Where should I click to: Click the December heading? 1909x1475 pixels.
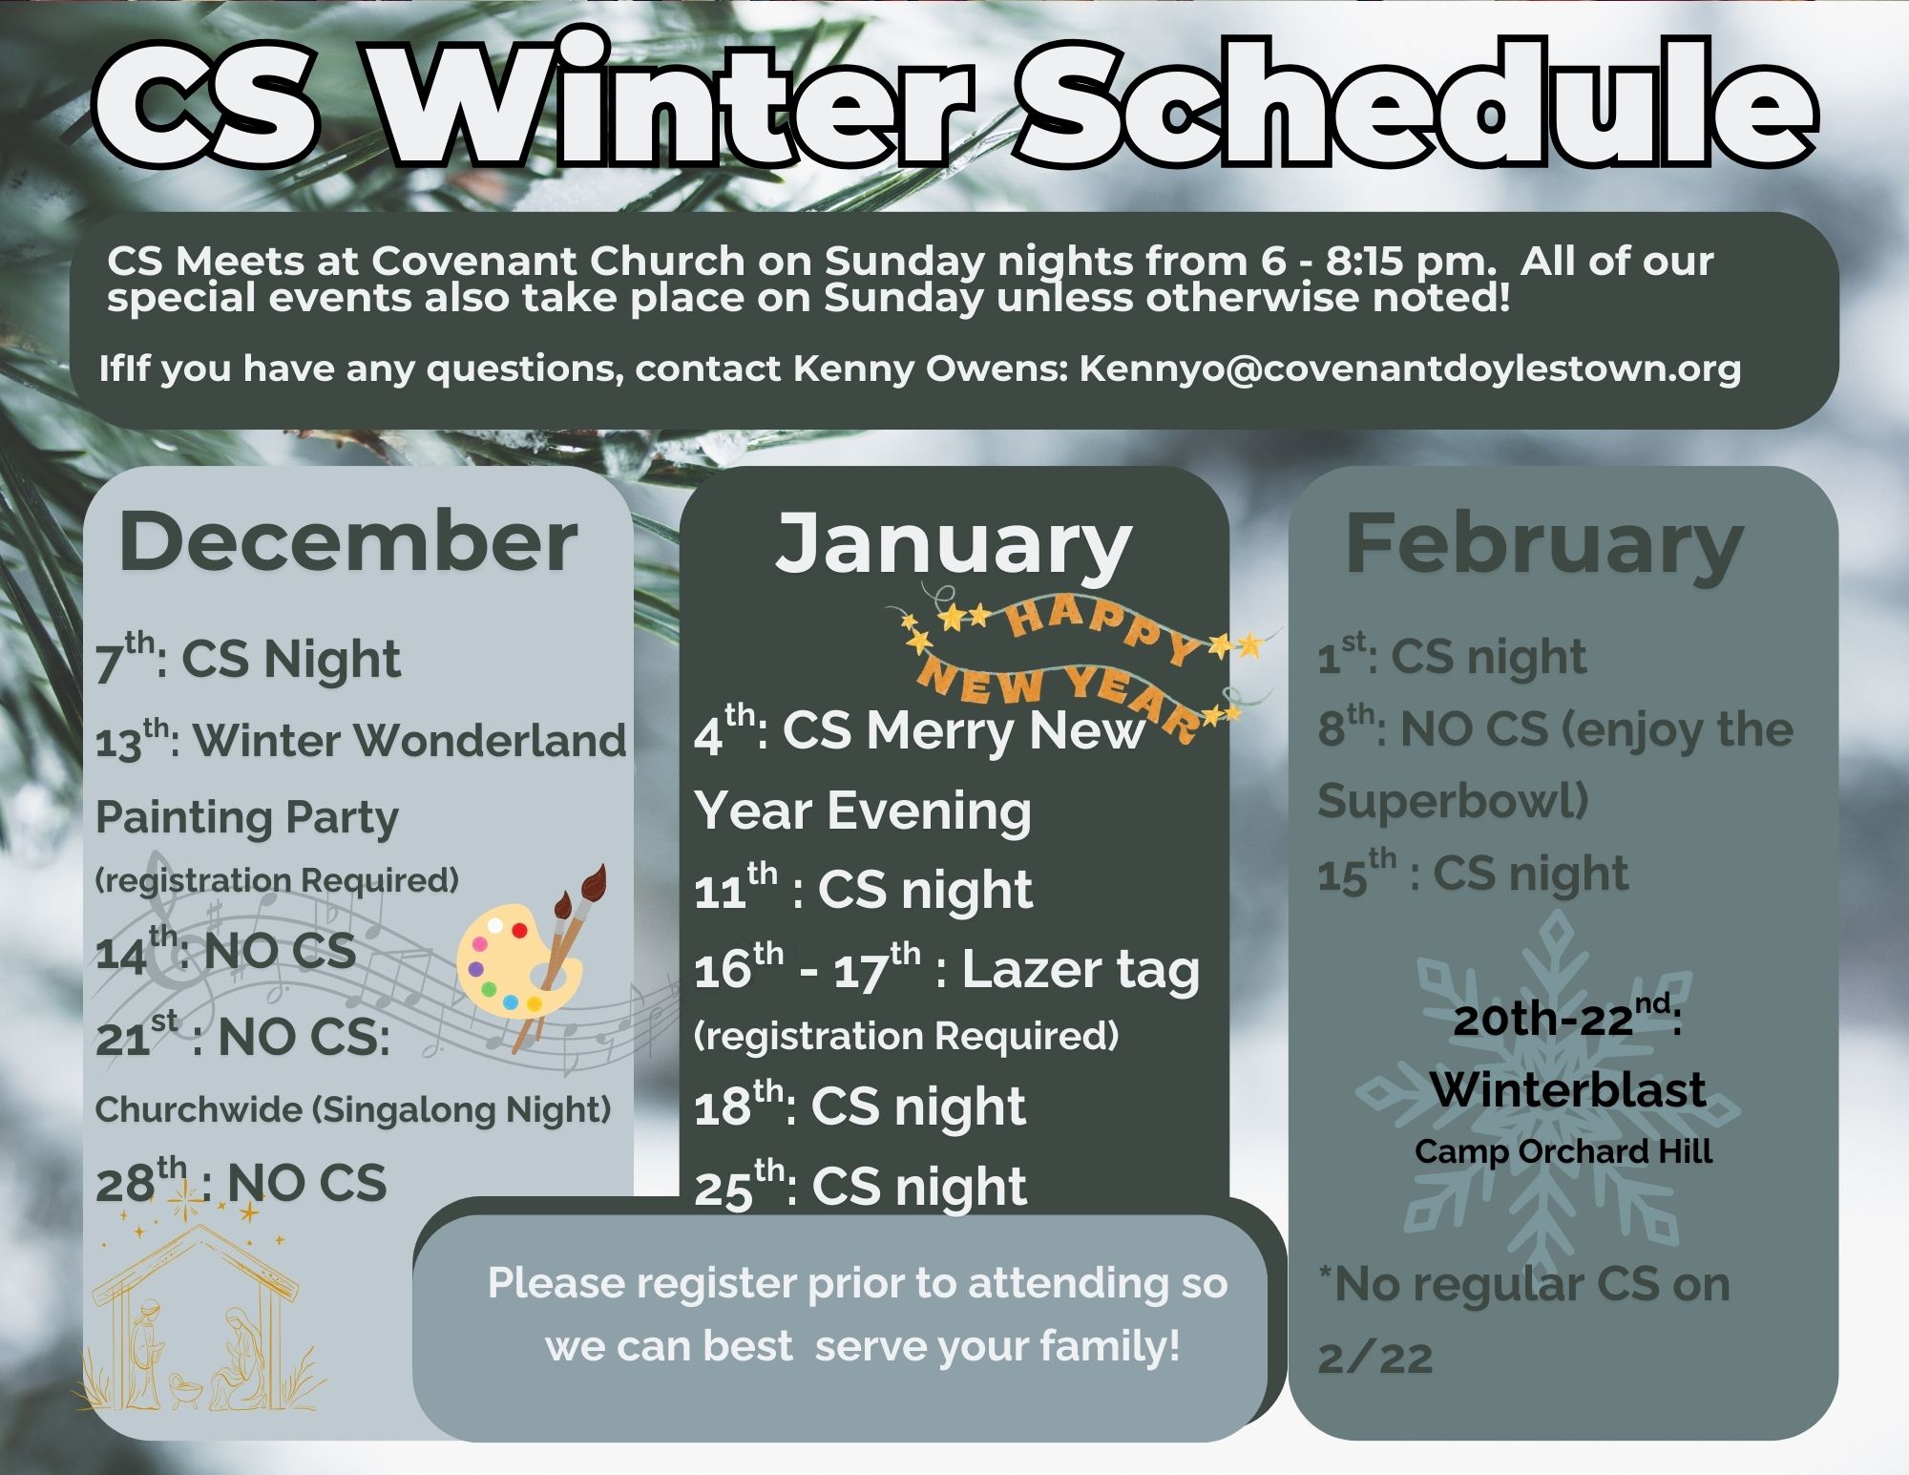[347, 541]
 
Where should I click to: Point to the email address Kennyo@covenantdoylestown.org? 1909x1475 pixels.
[1410, 369]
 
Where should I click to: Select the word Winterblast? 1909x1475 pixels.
[1568, 1089]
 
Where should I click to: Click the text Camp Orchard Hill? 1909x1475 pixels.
[1563, 1151]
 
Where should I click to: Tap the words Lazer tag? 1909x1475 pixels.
[1080, 970]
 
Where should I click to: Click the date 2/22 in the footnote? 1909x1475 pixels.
[1375, 1358]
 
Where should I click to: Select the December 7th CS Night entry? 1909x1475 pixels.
[248, 658]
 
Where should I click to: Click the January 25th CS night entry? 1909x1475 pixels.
[860, 1186]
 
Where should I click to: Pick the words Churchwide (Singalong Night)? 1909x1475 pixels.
[353, 1110]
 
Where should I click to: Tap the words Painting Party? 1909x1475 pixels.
[247, 819]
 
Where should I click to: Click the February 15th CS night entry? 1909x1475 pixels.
[1473, 873]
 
